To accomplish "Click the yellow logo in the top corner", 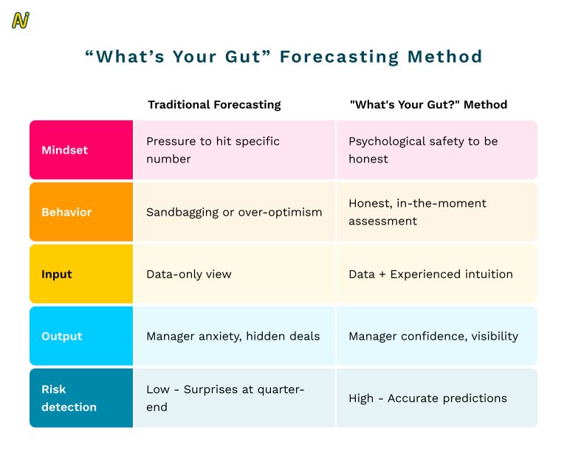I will (x=20, y=21).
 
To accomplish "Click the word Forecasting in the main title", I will (x=343, y=57).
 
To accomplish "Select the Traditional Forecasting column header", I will (x=214, y=104).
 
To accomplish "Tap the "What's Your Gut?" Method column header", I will (x=428, y=104).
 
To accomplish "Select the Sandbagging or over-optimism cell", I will (x=234, y=212).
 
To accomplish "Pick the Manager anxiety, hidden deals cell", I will (x=233, y=336).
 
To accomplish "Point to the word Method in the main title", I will (x=447, y=57).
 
